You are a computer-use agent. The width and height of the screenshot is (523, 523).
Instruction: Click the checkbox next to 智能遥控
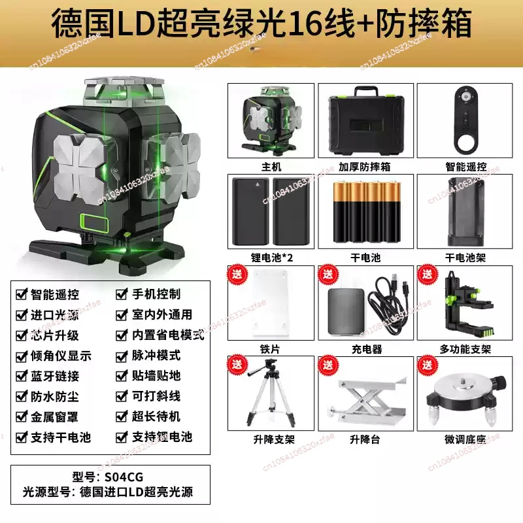click(21, 295)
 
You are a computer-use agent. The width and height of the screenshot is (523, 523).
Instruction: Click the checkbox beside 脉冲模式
click(121, 356)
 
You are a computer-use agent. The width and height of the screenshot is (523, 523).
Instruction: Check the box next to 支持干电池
click(21, 437)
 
